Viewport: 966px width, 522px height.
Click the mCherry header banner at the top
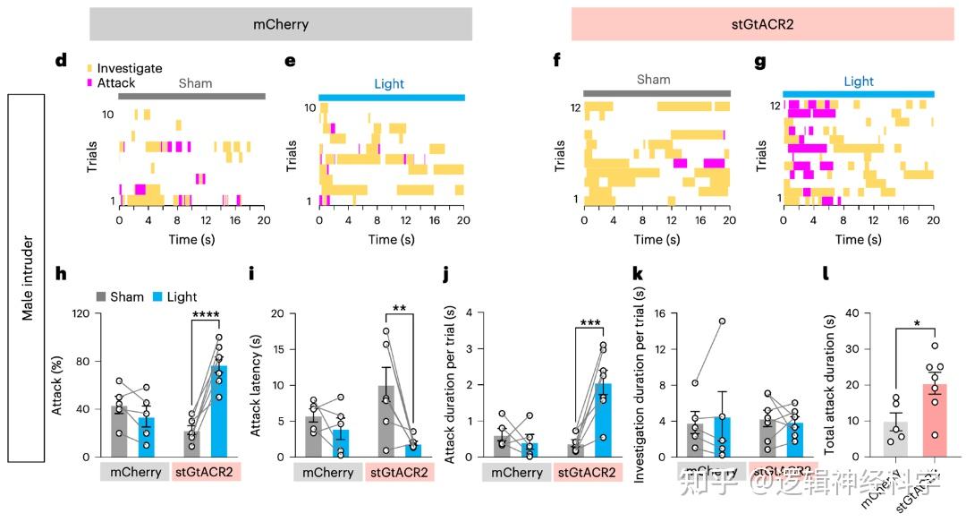[280, 24]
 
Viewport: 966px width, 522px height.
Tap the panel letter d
[61, 61]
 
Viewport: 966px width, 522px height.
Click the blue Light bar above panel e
[392, 97]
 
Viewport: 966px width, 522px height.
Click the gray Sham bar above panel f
[657, 93]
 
